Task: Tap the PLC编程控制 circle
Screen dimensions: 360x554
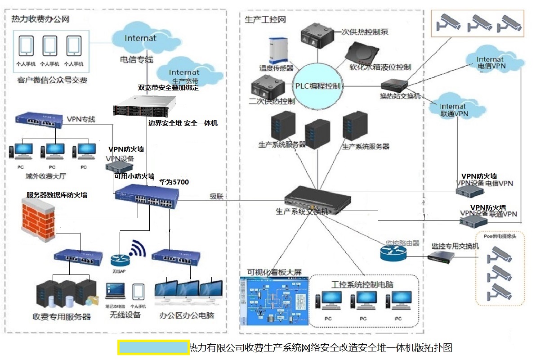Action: [318, 86]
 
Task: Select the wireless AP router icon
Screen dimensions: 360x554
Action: [120, 260]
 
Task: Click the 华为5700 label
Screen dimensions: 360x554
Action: [174, 182]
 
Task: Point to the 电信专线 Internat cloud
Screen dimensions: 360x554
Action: [140, 39]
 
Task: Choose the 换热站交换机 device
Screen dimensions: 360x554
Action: [394, 85]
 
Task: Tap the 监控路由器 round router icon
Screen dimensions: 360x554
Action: [393, 254]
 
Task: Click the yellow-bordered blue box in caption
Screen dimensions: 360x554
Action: [153, 347]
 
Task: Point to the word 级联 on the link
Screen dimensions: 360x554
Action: [218, 196]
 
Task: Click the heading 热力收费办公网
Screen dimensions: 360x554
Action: [40, 19]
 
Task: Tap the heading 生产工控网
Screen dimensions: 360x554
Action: [265, 20]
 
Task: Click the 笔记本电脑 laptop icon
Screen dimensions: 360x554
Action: [115, 291]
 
